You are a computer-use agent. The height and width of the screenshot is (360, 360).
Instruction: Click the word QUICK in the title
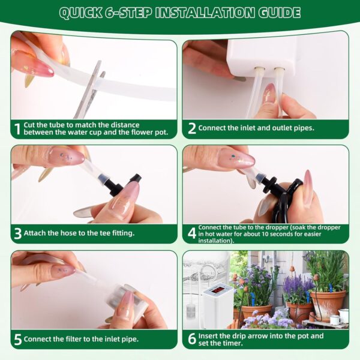[80, 13]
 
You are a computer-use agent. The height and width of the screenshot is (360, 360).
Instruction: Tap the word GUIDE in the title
[280, 13]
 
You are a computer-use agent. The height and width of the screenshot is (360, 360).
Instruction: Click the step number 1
[17, 129]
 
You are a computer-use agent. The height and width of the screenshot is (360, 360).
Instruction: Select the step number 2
[192, 128]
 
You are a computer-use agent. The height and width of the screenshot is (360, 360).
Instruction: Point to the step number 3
[17, 234]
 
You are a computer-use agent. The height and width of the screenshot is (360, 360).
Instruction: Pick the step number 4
[192, 233]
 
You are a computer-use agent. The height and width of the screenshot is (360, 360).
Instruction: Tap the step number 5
[17, 340]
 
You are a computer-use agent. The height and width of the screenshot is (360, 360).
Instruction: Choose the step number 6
[192, 339]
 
